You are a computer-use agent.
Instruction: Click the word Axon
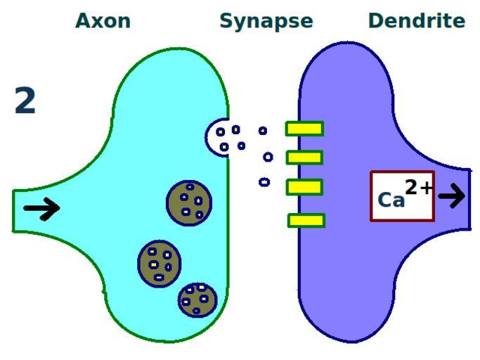pos(103,21)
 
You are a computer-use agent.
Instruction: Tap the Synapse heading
pos(266,22)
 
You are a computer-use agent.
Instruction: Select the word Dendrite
pos(417,21)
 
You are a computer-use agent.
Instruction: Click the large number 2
pos(25,100)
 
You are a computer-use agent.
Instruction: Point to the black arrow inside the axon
pos(41,209)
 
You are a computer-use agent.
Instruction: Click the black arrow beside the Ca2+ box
pos(452,195)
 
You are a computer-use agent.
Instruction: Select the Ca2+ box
pos(402,195)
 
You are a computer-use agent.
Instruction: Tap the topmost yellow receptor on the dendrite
pos(304,129)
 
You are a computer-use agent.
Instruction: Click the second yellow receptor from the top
pos(304,157)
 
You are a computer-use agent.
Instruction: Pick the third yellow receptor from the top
pos(305,187)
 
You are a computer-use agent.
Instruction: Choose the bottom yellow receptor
pos(306,221)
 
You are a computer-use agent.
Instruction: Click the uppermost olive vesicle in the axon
pos(189,203)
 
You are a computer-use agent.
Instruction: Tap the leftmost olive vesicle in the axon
pos(160,264)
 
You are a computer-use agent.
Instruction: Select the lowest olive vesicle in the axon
pos(197,300)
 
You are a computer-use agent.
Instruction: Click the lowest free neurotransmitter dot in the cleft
pos(264,182)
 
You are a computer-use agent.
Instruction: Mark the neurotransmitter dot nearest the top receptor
pos(263,131)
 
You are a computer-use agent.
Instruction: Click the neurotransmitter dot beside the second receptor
pos(268,157)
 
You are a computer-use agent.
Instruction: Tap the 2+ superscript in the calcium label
pos(419,187)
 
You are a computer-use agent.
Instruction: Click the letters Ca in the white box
pos(391,200)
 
